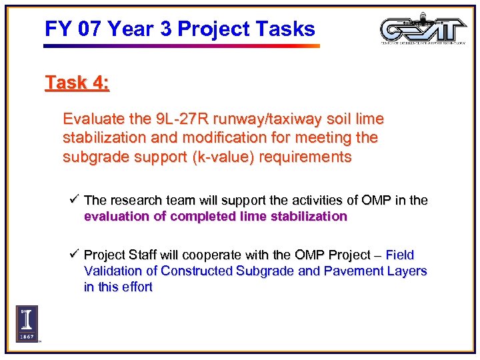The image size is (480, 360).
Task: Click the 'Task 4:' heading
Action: (77, 83)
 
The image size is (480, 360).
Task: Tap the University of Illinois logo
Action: (27, 323)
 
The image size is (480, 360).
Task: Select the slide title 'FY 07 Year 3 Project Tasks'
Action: (179, 29)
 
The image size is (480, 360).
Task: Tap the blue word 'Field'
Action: (400, 255)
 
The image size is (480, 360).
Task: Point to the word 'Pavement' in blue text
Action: (347, 271)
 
